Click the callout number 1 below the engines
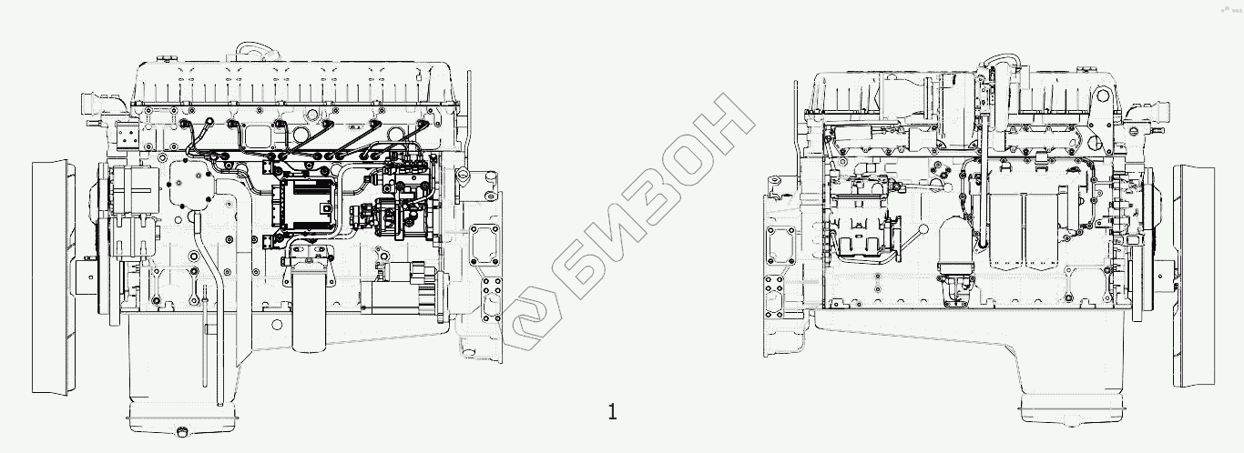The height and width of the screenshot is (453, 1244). tap(613, 413)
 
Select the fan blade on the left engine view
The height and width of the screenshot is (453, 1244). tap(50, 277)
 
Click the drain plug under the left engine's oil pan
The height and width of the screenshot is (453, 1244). tap(180, 431)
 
